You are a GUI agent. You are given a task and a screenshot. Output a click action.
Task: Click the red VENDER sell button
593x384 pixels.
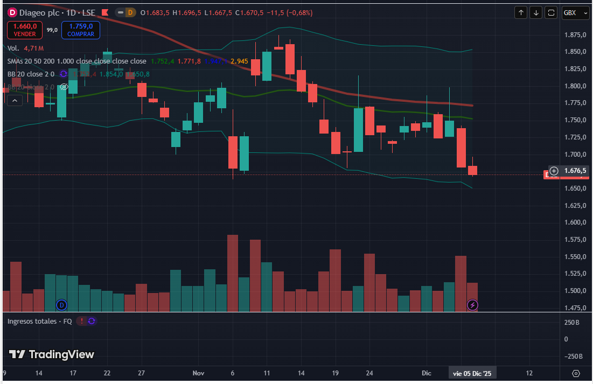click(25, 30)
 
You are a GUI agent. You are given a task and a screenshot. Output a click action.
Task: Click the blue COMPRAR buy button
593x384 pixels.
click(81, 30)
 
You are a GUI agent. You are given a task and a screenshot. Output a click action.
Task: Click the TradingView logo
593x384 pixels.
click(52, 354)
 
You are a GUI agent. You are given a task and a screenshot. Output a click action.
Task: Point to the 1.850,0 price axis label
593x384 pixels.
click(574, 52)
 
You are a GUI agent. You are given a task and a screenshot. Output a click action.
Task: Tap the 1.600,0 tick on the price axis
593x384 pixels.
click(574, 222)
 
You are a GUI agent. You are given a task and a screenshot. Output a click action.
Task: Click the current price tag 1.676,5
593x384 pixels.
click(574, 171)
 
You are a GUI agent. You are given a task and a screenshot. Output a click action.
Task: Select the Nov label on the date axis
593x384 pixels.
click(198, 373)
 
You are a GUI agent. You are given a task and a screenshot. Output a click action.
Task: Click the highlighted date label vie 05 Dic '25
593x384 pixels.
click(472, 373)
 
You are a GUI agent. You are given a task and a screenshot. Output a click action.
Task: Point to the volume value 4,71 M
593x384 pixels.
click(33, 48)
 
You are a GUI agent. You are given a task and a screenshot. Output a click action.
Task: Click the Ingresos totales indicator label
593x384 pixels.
click(40, 321)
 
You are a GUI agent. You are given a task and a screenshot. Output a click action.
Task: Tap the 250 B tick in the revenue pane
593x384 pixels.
click(571, 322)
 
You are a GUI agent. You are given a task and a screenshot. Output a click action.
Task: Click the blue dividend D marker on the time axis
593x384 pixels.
click(61, 305)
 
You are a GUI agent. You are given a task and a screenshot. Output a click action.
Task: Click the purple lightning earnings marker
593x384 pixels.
click(472, 305)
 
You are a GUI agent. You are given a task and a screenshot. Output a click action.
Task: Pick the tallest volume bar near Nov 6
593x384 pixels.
click(233, 273)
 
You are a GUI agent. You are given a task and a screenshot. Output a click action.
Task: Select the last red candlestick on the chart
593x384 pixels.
click(472, 170)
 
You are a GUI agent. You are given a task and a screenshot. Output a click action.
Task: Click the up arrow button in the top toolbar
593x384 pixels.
click(521, 12)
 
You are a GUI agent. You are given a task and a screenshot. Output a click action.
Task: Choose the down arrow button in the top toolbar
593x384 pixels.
click(536, 12)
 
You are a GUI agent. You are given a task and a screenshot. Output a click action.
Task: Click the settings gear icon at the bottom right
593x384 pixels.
click(576, 373)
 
